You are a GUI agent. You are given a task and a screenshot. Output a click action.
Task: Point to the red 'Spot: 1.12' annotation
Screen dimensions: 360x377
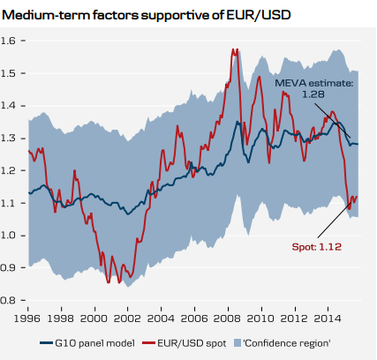316,247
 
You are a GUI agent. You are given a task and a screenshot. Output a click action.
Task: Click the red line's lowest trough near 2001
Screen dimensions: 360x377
109,282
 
